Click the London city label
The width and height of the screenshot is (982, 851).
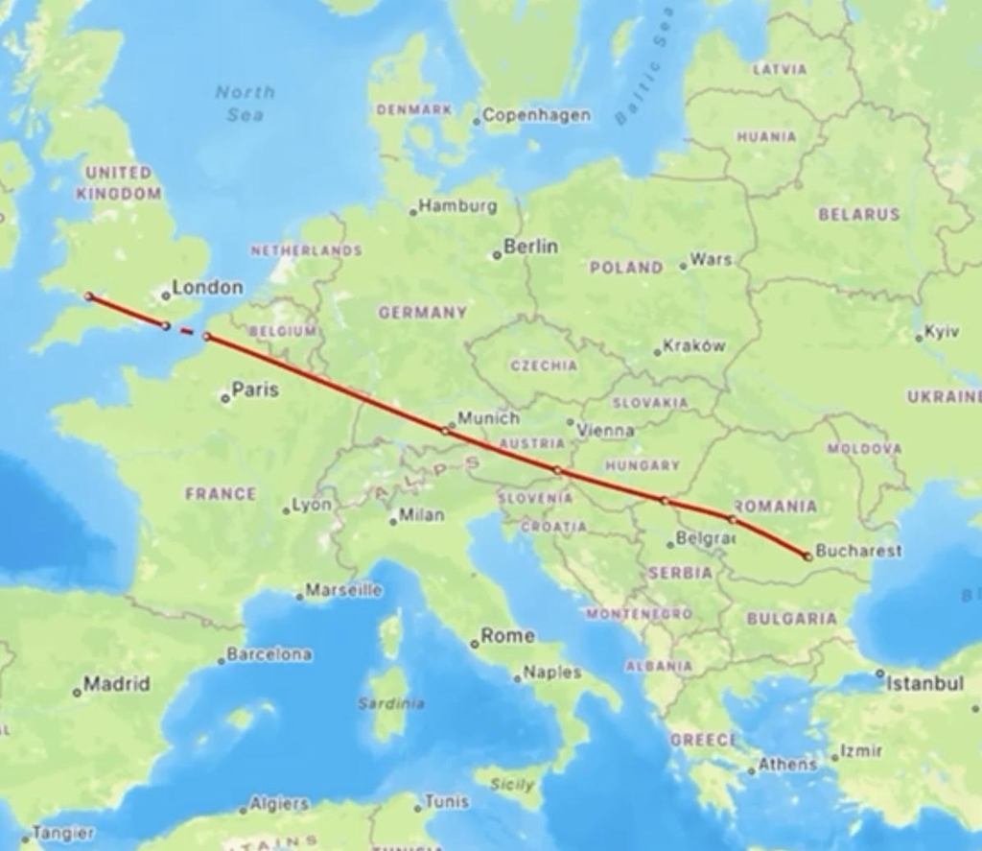tap(207, 287)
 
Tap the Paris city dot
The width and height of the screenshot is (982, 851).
tap(225, 398)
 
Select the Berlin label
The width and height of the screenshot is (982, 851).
tap(530, 247)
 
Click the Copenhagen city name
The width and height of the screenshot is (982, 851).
tap(536, 115)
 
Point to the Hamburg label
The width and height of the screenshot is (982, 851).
tap(457, 205)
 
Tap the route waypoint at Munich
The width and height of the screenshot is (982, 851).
tap(445, 431)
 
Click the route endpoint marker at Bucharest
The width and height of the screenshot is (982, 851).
tap(808, 556)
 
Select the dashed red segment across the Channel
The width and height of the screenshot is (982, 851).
tap(186, 331)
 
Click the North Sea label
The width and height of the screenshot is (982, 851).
tap(245, 103)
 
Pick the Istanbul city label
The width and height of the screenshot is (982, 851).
tap(924, 683)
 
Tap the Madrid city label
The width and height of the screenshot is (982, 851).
tap(116, 684)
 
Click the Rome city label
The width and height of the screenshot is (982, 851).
tap(507, 635)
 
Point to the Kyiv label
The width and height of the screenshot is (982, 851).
tap(941, 331)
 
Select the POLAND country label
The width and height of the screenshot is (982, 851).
tap(625, 268)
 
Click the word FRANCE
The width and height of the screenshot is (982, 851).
tap(221, 494)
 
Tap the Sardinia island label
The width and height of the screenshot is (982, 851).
tap(391, 703)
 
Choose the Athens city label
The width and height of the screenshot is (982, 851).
tap(787, 765)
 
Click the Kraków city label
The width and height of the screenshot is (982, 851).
tap(694, 346)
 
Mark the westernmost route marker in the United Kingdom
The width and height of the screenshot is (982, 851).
tap(89, 296)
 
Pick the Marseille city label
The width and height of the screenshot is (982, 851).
tap(343, 590)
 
